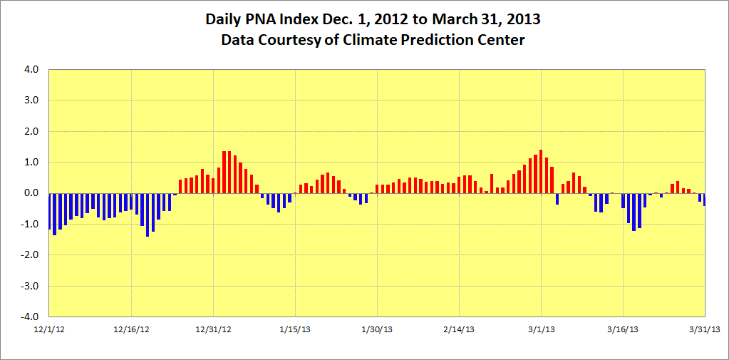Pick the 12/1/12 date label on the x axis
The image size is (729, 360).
click(49, 329)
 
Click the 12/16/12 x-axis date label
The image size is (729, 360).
click(131, 329)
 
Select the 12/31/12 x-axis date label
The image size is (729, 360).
click(213, 329)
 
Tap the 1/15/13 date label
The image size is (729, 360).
click(295, 329)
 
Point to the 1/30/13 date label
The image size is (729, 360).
click(377, 329)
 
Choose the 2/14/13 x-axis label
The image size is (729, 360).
click(459, 329)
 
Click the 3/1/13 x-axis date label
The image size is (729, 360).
click(541, 329)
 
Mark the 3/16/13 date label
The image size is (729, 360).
click(623, 329)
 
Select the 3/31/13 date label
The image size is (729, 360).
click(705, 329)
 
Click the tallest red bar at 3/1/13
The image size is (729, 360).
click(541, 172)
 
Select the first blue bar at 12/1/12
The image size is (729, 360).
click(49, 211)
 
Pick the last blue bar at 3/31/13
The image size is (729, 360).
click(704, 200)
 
